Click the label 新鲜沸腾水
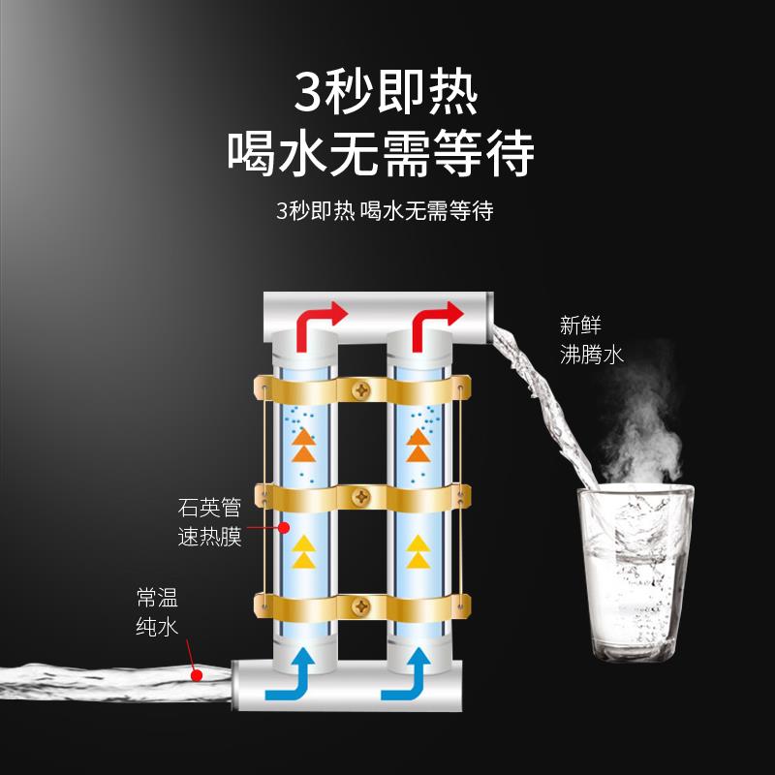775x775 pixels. (x=591, y=340)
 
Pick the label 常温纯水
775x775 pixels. (x=157, y=612)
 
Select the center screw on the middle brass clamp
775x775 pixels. (x=360, y=497)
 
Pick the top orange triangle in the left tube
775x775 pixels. (x=304, y=437)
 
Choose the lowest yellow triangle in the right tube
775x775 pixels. (x=418, y=560)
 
